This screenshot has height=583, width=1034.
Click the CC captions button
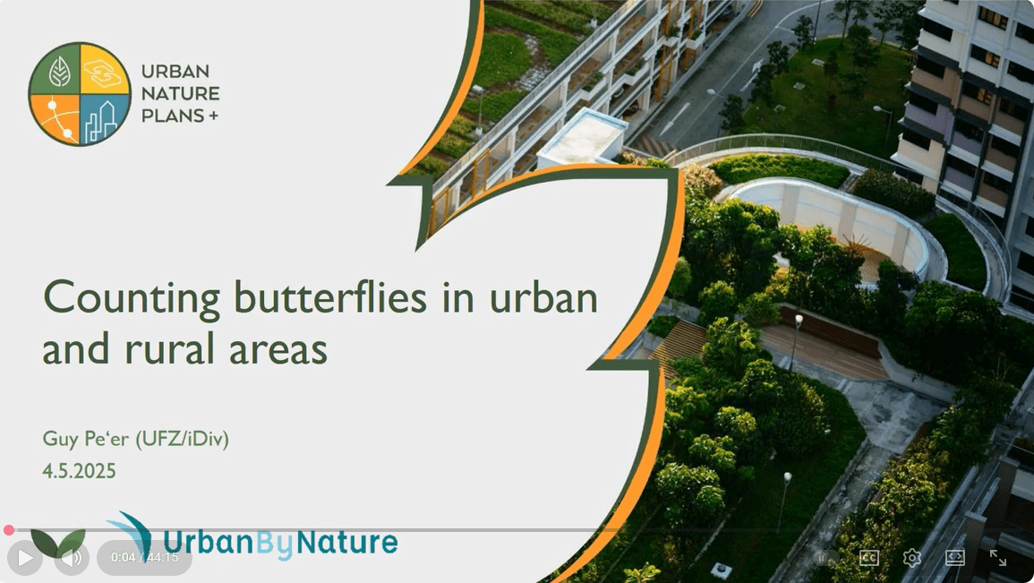(868, 558)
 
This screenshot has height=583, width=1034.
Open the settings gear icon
(912, 558)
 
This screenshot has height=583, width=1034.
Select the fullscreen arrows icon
(998, 558)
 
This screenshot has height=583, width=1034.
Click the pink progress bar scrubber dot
(9, 530)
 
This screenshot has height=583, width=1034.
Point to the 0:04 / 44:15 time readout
(144, 558)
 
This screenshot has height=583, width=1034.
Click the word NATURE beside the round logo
(180, 93)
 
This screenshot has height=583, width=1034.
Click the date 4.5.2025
(79, 470)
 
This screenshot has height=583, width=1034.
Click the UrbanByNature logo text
(279, 542)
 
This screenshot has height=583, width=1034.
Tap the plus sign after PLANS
(212, 116)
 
